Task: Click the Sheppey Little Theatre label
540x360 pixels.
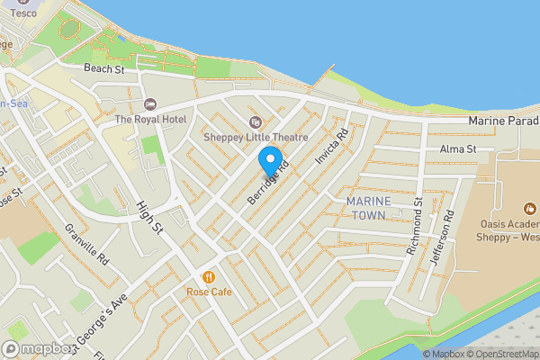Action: (x=256, y=138)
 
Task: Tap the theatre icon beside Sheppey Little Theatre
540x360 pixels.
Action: (x=255, y=122)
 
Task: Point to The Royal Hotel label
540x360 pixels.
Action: (x=149, y=120)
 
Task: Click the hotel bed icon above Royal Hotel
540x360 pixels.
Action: (x=149, y=104)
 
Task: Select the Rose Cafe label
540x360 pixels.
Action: (x=209, y=292)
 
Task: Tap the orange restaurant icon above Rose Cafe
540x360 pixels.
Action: (x=209, y=277)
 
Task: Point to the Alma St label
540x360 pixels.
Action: (x=456, y=149)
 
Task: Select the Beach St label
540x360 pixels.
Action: (x=103, y=68)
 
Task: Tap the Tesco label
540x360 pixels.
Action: (x=24, y=13)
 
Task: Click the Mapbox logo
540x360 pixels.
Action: (x=38, y=349)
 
